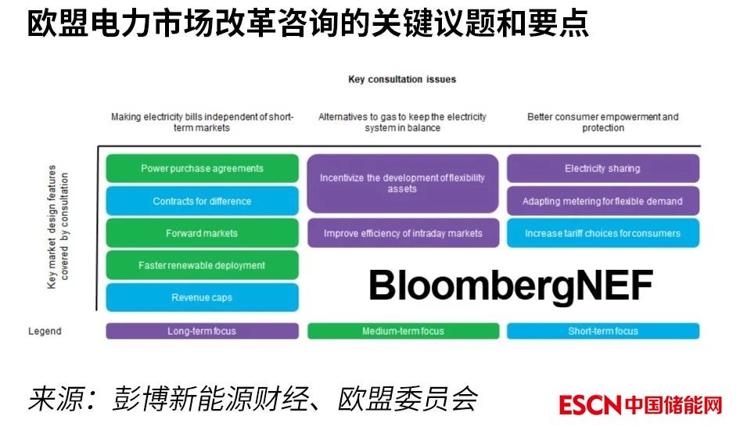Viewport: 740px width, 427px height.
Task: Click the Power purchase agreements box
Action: point(202,168)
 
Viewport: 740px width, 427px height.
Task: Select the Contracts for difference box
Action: point(202,201)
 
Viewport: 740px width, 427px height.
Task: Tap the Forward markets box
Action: point(202,233)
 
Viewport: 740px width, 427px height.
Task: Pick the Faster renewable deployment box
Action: point(202,265)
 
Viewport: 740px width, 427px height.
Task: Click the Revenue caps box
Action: point(202,297)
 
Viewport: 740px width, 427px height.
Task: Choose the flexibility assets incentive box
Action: point(403,184)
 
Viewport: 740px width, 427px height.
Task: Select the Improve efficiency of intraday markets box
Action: point(403,233)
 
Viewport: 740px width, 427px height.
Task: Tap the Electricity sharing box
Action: point(602,168)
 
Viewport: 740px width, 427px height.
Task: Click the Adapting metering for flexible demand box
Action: point(602,201)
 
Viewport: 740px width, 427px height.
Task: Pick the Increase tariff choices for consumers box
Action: point(602,233)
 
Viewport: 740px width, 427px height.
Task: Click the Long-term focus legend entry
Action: point(202,331)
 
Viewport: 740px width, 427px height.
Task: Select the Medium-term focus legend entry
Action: point(403,331)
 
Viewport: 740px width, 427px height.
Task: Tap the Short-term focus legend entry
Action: point(602,331)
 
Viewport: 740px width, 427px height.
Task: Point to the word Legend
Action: point(45,332)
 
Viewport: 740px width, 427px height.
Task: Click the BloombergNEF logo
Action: point(511,285)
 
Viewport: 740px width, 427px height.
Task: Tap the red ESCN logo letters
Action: point(591,405)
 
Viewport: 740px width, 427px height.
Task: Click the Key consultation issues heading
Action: point(402,79)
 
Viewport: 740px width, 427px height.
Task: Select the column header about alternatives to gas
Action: point(402,122)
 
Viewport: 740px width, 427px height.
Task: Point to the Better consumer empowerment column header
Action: point(602,122)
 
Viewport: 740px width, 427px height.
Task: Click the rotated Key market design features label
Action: point(58,227)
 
